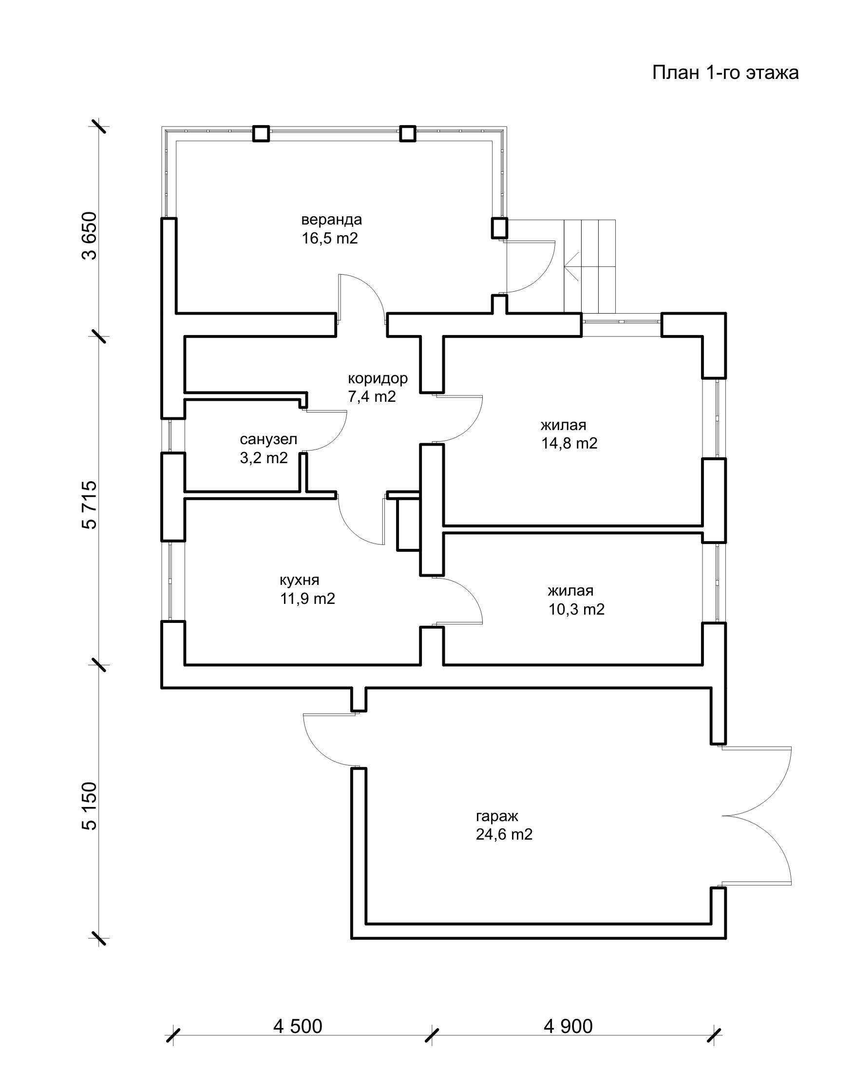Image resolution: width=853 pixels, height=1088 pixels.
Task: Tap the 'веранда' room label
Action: [x=331, y=220]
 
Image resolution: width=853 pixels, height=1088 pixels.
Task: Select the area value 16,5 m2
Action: [x=330, y=238]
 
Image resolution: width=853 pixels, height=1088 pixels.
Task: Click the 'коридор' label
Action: [x=378, y=378]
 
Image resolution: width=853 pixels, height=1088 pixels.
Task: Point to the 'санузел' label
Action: [x=268, y=439]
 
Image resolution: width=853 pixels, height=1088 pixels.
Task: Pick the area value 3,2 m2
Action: [x=264, y=458]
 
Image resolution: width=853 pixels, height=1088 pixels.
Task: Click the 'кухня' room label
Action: [x=299, y=580]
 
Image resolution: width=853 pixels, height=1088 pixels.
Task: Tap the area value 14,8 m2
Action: [x=569, y=443]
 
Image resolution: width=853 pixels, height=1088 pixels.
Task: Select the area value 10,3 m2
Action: [x=576, y=610]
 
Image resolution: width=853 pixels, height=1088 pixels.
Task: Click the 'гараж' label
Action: [x=497, y=816]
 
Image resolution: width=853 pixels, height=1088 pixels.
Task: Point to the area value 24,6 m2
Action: [x=504, y=835]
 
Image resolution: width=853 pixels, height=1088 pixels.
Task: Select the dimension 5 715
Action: [x=91, y=505]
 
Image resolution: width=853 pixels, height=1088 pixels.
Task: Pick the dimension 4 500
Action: [x=298, y=1027]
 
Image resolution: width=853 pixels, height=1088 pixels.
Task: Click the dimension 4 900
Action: [x=568, y=1027]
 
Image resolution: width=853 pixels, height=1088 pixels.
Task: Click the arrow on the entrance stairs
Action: [x=572, y=267]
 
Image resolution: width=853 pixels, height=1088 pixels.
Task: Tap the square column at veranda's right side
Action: [x=499, y=228]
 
